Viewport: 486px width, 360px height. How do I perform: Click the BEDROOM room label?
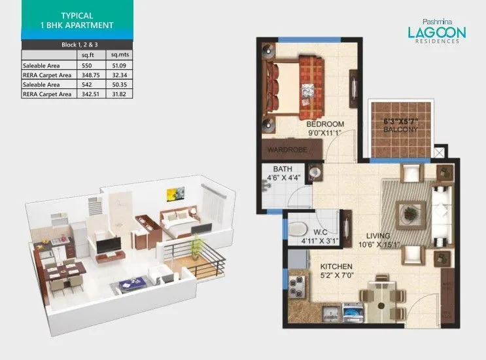click(x=326, y=124)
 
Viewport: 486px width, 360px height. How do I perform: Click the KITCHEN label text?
click(x=336, y=267)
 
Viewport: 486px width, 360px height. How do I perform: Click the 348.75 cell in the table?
click(x=89, y=75)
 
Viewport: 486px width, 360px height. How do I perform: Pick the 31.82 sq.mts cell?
click(x=120, y=94)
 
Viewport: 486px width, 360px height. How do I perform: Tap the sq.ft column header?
click(x=88, y=56)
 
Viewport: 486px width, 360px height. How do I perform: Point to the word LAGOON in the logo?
click(x=432, y=31)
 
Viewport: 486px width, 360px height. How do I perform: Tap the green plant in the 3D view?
click(x=196, y=245)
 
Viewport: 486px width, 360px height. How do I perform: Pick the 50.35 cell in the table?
click(x=120, y=84)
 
